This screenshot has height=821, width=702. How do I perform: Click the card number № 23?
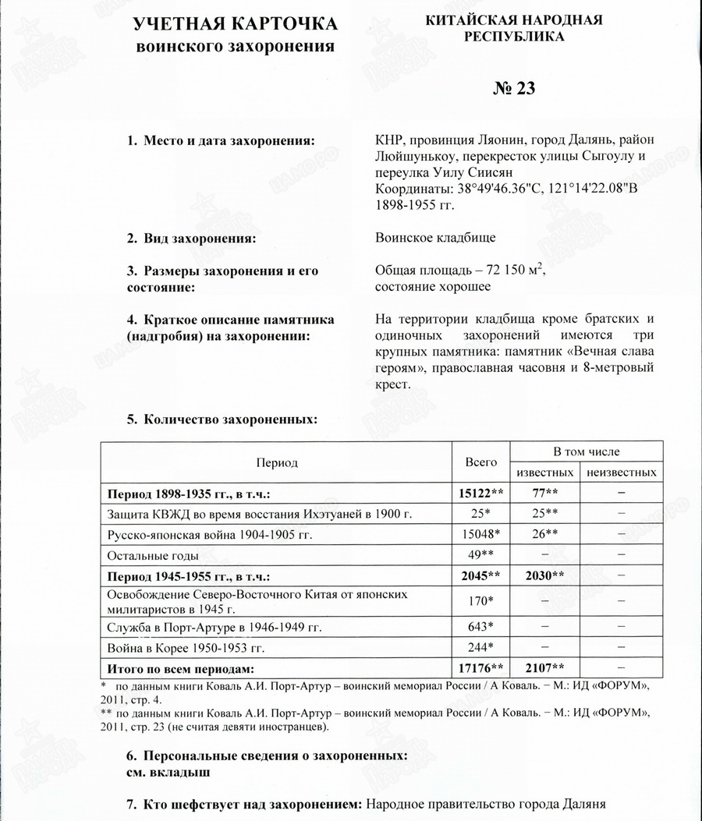[514, 88]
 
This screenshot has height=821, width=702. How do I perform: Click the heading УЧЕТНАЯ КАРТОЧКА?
[236, 23]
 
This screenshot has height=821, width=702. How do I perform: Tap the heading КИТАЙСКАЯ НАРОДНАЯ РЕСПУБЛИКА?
[514, 28]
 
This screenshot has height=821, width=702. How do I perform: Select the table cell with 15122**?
[480, 494]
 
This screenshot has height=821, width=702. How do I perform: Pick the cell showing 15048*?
[480, 535]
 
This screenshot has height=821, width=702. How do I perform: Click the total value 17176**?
[480, 668]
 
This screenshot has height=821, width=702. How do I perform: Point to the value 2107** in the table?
[544, 668]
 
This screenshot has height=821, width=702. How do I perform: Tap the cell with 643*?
[480, 627]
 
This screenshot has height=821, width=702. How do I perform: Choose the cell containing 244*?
[480, 647]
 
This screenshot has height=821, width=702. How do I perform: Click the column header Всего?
[480, 462]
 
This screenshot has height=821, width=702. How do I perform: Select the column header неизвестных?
[621, 472]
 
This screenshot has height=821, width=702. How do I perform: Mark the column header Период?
[277, 462]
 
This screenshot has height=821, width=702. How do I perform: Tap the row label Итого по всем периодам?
[181, 668]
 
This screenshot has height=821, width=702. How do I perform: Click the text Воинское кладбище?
[435, 237]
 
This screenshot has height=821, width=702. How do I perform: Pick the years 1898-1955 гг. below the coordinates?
[414, 205]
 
